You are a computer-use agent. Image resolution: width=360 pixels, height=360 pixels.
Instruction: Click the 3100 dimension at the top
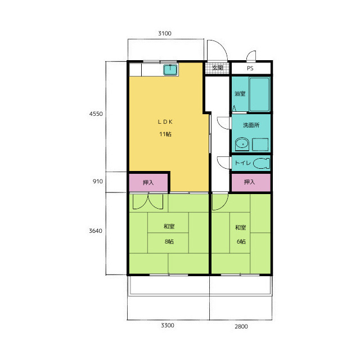[165, 33]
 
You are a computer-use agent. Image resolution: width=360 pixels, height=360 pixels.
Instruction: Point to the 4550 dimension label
[96, 114]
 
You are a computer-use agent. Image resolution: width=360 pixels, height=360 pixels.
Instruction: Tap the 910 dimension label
[97, 181]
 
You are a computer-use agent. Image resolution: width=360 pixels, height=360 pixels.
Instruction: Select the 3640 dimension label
[96, 231]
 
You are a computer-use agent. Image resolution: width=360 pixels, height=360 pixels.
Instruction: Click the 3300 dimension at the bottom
[168, 325]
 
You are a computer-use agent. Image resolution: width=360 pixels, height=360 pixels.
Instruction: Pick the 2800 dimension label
[241, 326]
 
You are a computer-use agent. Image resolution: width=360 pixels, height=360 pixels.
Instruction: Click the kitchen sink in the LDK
[170, 70]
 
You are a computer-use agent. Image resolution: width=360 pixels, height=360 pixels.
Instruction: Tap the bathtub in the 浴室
[259, 94]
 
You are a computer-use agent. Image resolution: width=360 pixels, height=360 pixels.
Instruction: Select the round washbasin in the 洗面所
[242, 144]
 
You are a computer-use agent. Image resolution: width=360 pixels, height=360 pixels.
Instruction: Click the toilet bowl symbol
[262, 163]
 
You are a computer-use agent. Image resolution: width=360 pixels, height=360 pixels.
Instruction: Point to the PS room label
[250, 69]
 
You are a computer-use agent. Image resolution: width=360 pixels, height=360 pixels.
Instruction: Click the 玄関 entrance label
[217, 67]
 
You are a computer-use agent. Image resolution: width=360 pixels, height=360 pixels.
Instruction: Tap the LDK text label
[165, 122]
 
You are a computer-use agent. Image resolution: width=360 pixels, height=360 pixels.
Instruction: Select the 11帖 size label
[165, 134]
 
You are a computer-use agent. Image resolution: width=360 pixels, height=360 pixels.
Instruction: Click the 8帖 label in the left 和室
[169, 241]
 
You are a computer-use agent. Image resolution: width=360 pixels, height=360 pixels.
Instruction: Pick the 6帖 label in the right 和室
[241, 241]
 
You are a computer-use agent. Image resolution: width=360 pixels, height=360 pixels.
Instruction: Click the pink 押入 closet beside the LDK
[148, 182]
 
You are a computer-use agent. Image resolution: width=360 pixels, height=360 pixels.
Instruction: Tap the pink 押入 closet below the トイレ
[251, 182]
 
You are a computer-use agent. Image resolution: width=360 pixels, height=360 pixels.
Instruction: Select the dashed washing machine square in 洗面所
[260, 145]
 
